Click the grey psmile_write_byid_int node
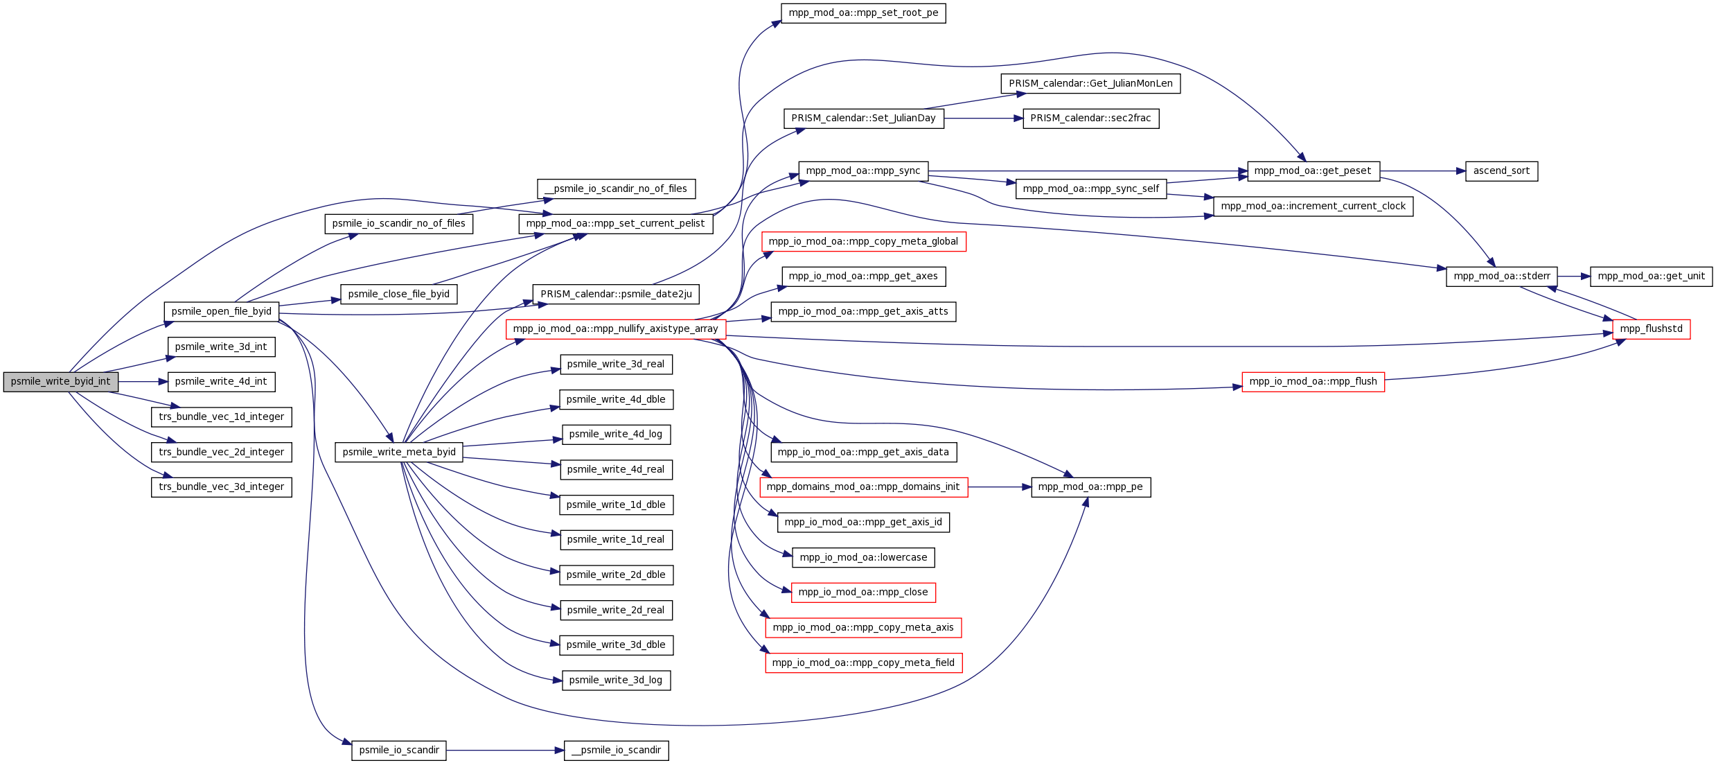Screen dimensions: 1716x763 pos(61,382)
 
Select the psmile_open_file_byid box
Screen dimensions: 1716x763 pos(222,312)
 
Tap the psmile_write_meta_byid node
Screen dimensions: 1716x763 pos(399,453)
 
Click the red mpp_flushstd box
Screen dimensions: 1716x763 pos(1652,329)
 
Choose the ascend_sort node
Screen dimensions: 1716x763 pos(1502,171)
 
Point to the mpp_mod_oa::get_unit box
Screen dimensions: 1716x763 pos(1652,277)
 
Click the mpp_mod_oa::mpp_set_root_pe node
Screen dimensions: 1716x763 pos(863,13)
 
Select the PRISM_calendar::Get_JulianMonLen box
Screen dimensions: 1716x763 pos(1090,84)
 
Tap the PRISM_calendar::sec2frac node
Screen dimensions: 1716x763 pos(1091,119)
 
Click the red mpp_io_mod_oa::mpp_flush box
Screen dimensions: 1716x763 pos(1313,382)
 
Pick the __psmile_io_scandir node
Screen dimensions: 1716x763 pos(617,751)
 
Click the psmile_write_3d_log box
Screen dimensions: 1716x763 pos(616,681)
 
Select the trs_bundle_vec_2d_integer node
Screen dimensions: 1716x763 pos(222,453)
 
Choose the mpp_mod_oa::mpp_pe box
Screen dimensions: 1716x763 pos(1091,487)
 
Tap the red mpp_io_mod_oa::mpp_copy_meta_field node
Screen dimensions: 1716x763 pos(864,663)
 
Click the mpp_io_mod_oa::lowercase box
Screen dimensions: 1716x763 pos(864,558)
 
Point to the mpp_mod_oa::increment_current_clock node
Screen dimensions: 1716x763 pos(1313,207)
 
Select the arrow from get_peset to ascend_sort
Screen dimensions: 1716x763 pos(1423,171)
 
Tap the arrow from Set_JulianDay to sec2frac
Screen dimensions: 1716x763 pos(984,119)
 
